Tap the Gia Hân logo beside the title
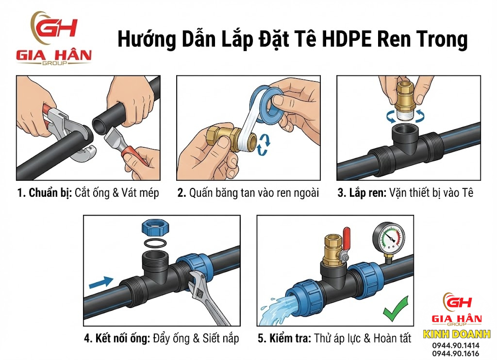click(x=54, y=38)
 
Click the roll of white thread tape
click(x=267, y=103)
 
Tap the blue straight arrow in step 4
click(x=101, y=282)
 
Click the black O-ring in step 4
click(x=155, y=243)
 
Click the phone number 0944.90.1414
click(x=456, y=345)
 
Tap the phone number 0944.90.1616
click(x=456, y=353)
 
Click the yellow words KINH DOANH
click(x=456, y=334)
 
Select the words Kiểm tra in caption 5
click(x=290, y=338)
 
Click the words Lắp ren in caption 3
click(x=367, y=192)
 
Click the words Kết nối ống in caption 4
click(x=122, y=338)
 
